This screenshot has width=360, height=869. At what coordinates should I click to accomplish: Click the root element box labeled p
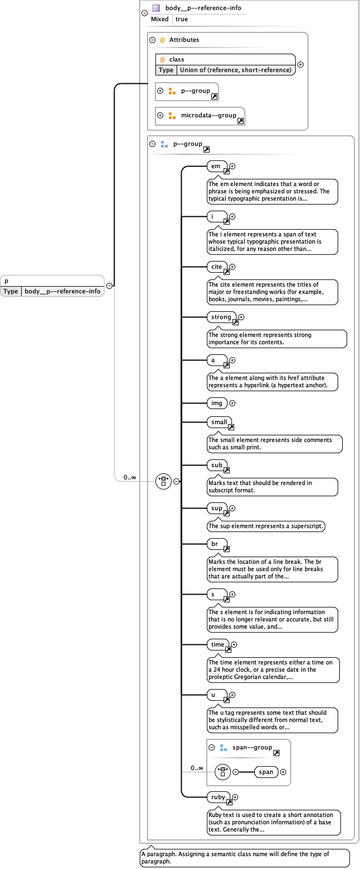(x=52, y=281)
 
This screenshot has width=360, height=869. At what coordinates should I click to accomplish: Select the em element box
(x=216, y=166)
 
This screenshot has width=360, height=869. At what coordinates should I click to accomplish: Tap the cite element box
(x=216, y=267)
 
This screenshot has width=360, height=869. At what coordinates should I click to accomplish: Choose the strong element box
(x=221, y=317)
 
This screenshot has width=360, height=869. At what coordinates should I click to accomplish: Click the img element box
(x=216, y=403)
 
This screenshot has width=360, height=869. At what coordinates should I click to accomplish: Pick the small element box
(x=219, y=422)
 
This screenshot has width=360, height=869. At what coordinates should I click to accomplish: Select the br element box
(x=215, y=543)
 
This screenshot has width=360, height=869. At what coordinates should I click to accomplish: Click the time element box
(x=217, y=644)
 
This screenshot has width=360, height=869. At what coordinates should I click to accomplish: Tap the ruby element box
(x=217, y=797)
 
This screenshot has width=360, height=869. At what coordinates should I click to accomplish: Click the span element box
(x=266, y=772)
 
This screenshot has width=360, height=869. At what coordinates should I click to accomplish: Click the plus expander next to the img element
(x=233, y=403)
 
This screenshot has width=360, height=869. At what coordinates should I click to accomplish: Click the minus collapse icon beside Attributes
(x=152, y=40)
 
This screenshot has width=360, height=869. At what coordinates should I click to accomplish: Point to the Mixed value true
(x=182, y=19)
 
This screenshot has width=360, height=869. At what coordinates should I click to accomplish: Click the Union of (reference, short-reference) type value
(x=236, y=70)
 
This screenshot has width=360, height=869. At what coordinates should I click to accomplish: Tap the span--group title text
(x=252, y=747)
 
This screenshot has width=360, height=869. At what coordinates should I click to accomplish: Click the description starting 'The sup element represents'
(x=266, y=526)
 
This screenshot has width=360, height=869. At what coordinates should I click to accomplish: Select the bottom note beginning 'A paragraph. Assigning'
(x=244, y=857)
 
